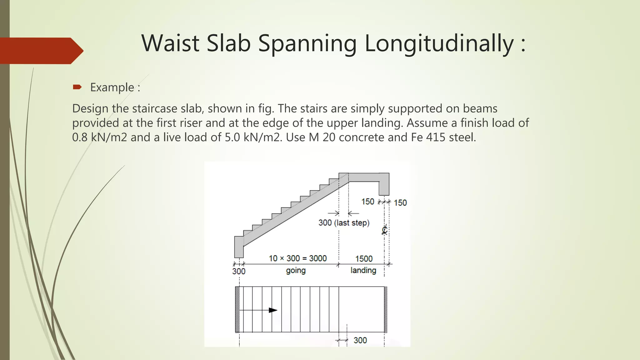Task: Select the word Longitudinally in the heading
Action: [x=439, y=44]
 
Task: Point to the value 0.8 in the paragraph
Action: [x=80, y=137]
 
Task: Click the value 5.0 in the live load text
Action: [x=232, y=137]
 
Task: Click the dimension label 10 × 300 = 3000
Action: [x=297, y=258]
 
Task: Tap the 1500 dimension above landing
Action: [x=364, y=259]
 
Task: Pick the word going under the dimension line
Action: [x=296, y=270]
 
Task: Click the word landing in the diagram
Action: [x=363, y=270]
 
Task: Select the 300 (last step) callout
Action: [x=344, y=223]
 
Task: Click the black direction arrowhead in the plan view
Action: [x=273, y=310]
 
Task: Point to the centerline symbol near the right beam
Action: [x=384, y=231]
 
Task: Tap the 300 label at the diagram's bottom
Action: [x=360, y=340]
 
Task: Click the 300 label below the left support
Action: [x=239, y=271]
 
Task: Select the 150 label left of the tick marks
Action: [x=367, y=202]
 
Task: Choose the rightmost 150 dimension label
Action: [x=400, y=203]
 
